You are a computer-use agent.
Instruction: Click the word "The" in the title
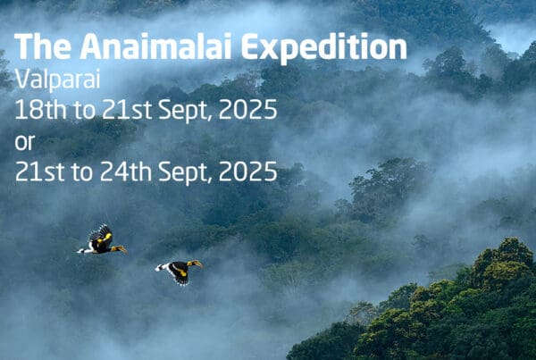pyautogui.click(x=43, y=46)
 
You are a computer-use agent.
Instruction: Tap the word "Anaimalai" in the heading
pyautogui.click(x=156, y=46)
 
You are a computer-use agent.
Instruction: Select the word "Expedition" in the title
pyautogui.click(x=324, y=48)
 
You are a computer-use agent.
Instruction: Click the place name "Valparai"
pyautogui.click(x=57, y=80)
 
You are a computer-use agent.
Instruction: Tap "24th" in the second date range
pyautogui.click(x=126, y=172)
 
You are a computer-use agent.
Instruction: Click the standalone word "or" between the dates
pyautogui.click(x=25, y=142)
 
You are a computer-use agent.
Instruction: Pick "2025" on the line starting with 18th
pyautogui.click(x=247, y=109)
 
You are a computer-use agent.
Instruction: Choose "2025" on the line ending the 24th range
pyautogui.click(x=247, y=172)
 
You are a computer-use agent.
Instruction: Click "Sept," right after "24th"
pyautogui.click(x=185, y=172)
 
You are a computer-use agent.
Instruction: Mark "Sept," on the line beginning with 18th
pyautogui.click(x=185, y=111)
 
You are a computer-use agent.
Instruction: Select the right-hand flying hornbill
pyautogui.click(x=180, y=271)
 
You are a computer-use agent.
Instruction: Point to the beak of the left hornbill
pyautogui.click(x=120, y=248)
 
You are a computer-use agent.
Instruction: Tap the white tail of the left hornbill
pyautogui.click(x=83, y=251)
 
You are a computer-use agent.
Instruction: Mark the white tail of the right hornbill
pyautogui.click(x=160, y=267)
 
